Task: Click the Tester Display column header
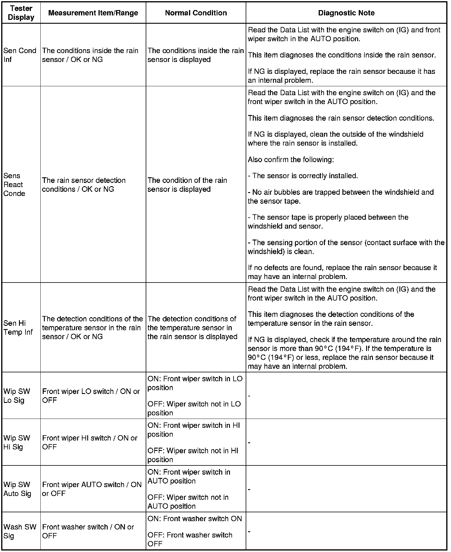click(21, 13)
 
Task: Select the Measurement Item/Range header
click(93, 13)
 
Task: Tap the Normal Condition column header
click(196, 13)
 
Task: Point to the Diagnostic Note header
click(346, 13)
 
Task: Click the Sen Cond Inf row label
click(20, 55)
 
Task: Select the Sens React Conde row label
click(14, 184)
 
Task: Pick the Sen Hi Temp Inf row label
click(18, 328)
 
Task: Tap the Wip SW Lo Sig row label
click(17, 396)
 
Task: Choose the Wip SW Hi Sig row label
click(17, 442)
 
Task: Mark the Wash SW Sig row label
click(20, 531)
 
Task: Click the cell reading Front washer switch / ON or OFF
click(88, 531)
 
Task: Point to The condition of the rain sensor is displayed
click(187, 185)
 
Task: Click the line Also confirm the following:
click(291, 159)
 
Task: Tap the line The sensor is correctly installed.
click(303, 176)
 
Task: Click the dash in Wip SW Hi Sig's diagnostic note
click(249, 443)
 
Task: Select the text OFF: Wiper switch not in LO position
click(194, 408)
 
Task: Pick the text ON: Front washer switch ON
click(195, 519)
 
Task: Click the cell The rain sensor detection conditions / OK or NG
click(84, 185)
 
